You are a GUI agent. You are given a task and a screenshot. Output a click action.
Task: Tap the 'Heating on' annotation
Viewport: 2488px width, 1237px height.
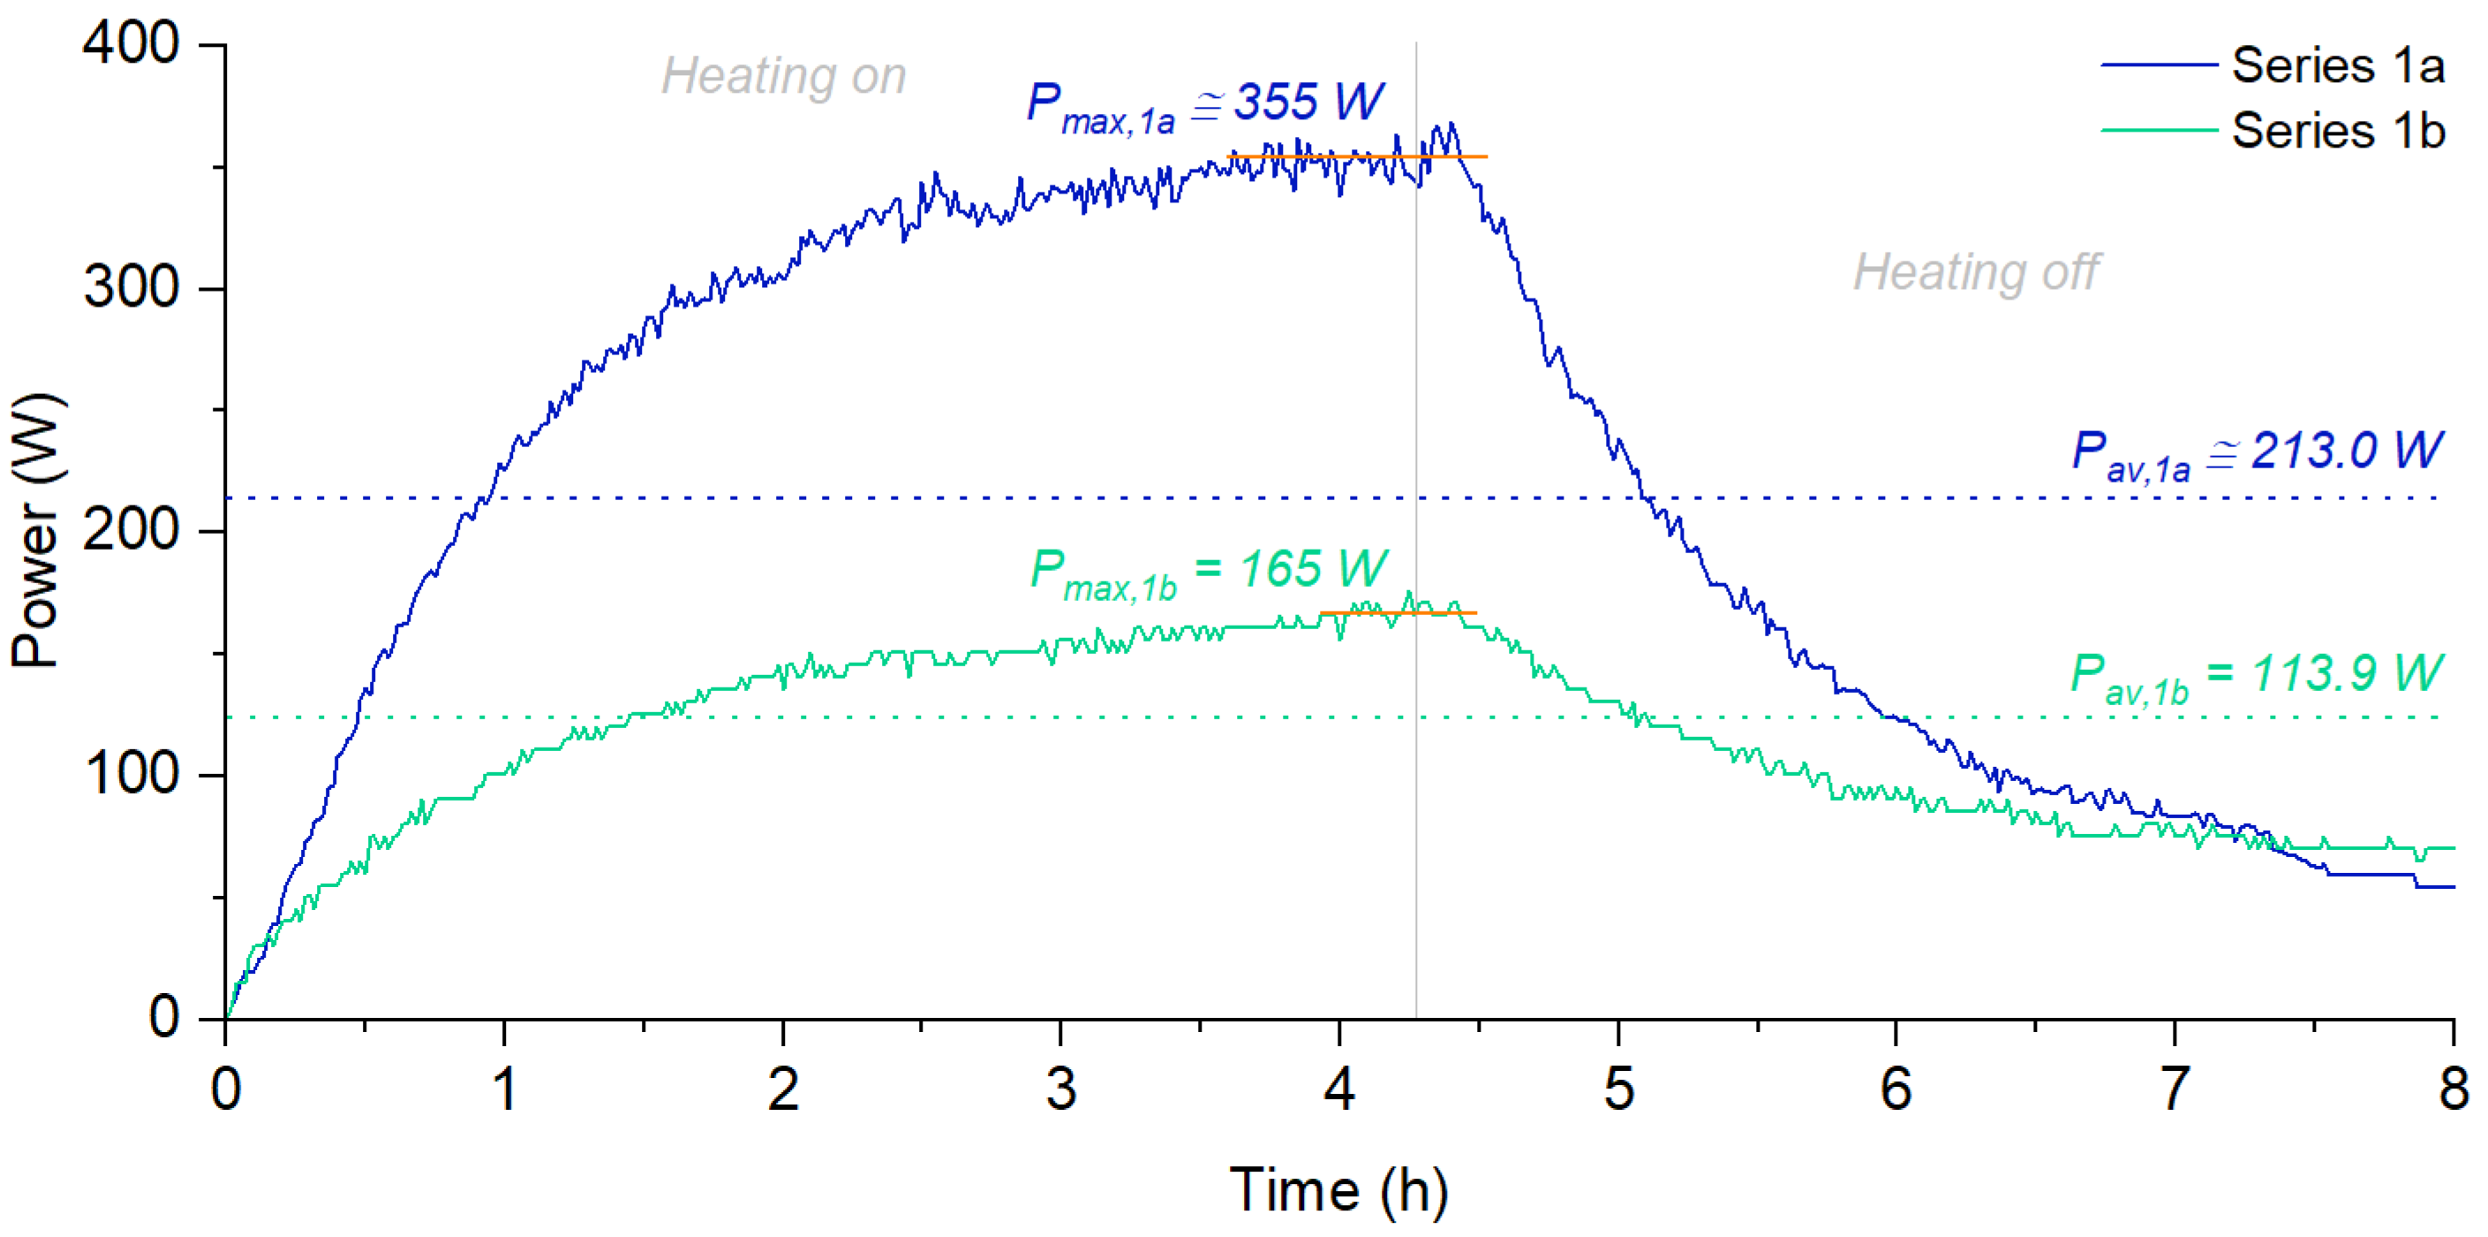coord(783,75)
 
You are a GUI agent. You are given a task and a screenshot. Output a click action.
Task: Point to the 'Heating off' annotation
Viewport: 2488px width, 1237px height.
coord(1975,271)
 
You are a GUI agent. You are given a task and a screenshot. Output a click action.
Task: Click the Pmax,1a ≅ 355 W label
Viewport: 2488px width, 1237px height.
coord(1204,104)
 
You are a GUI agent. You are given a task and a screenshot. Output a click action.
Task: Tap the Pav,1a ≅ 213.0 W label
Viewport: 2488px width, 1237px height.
coord(2258,452)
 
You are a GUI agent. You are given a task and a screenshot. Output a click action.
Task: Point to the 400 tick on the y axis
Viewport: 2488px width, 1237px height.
coord(131,43)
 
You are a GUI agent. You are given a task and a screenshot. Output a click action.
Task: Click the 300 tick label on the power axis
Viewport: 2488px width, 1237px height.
coord(131,287)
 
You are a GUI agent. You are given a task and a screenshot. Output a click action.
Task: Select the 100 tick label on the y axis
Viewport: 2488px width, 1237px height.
coord(131,774)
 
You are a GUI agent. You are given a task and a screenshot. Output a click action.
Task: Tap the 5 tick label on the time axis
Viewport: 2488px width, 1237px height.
coord(1618,1090)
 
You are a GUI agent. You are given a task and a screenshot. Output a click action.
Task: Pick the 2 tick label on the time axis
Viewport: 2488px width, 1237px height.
coord(782,1090)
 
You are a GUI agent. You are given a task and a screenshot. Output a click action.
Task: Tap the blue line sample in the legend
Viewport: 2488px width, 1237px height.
coord(2159,65)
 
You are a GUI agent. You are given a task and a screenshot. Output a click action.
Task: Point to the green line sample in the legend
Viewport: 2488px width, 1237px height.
coord(2159,130)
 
